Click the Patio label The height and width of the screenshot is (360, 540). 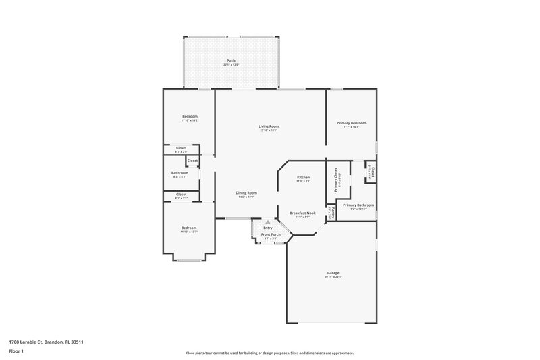(232, 61)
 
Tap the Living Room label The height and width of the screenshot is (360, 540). (269, 126)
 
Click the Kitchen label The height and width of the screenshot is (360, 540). (303, 177)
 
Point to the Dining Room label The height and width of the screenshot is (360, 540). (246, 193)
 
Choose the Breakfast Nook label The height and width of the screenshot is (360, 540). (303, 213)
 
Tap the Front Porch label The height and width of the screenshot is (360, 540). (271, 234)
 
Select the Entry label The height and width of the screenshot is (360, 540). (268, 228)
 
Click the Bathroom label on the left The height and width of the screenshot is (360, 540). (180, 172)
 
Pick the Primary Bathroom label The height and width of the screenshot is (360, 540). (358, 205)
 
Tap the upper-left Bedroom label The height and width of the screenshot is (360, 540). (190, 117)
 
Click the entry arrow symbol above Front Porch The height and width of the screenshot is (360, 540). (268, 221)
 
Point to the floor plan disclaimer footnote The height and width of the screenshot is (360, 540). (269, 353)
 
